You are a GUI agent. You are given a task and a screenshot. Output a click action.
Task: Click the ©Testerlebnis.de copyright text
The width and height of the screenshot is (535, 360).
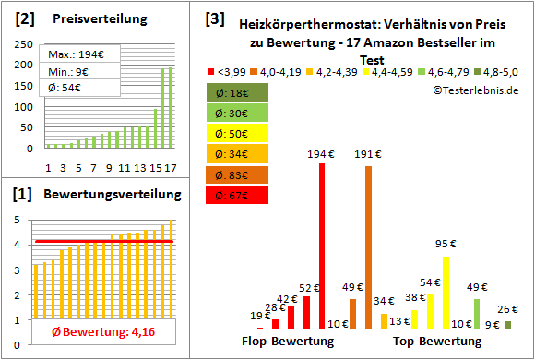(x=475, y=90)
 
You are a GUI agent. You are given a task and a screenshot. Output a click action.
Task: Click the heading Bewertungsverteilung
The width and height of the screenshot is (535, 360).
(x=102, y=196)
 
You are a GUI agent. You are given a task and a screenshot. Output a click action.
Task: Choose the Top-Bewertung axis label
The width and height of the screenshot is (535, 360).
(x=437, y=342)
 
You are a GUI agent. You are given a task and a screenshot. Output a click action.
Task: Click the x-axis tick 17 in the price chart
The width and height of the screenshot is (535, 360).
(x=170, y=167)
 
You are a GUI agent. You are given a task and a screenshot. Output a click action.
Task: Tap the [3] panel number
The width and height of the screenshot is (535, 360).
(x=214, y=18)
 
